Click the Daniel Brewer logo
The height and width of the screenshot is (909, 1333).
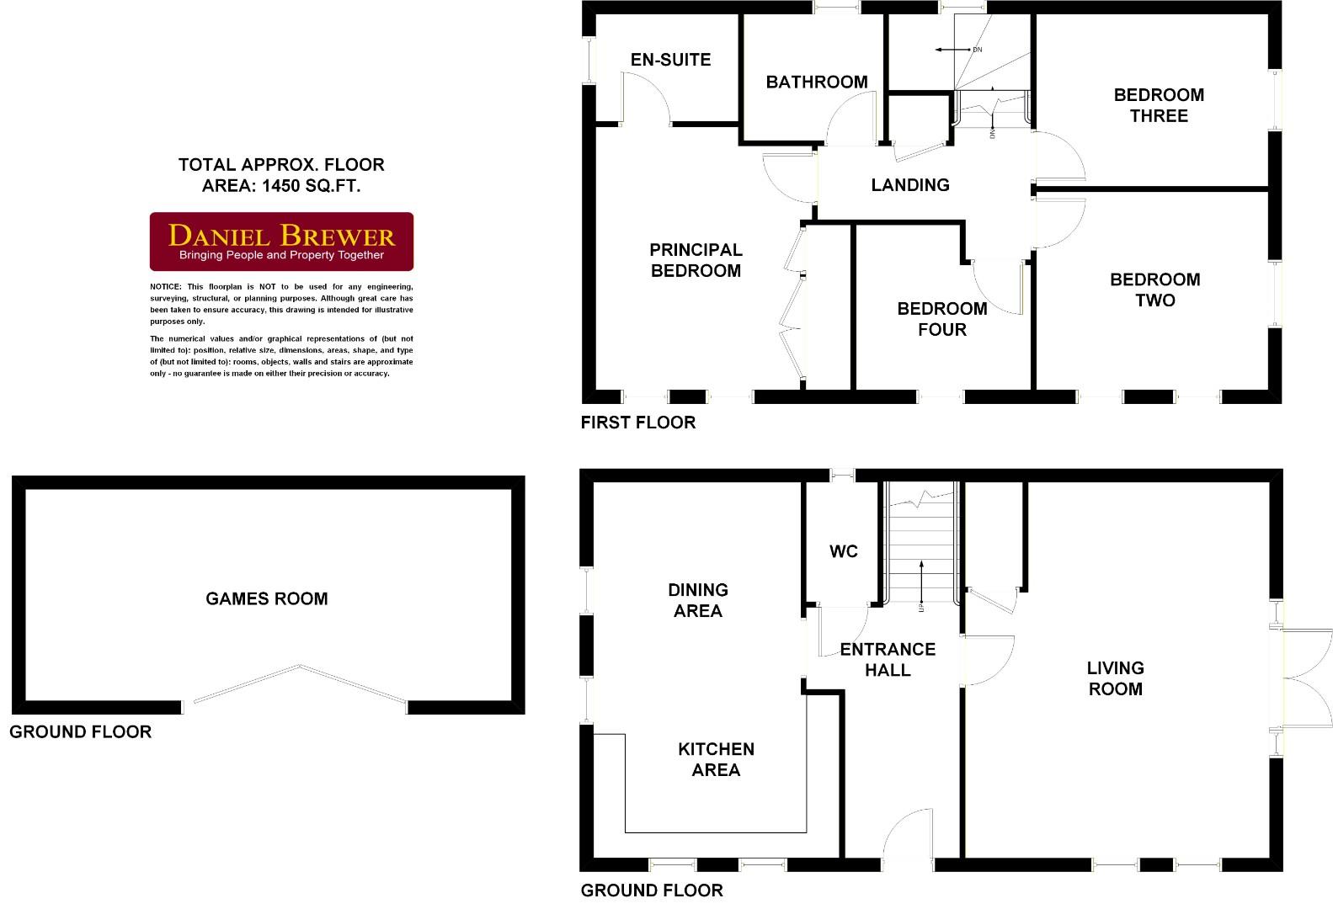pos(281,242)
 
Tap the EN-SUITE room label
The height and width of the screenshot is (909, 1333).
pos(670,60)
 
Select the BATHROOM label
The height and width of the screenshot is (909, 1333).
pos(816,82)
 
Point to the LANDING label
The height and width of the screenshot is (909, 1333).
pos(910,185)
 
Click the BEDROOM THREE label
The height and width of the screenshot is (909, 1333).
pos(1159,105)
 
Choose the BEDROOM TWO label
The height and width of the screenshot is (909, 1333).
pos(1154,290)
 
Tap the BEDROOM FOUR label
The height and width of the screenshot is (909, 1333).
pos(941,319)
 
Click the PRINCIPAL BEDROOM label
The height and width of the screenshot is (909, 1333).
pos(696,260)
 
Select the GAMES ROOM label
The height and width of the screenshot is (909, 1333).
pos(267,599)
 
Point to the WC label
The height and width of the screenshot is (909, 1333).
pos(843,551)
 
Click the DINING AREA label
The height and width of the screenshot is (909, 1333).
pos(697,600)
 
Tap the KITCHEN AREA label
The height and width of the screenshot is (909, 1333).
pos(716,759)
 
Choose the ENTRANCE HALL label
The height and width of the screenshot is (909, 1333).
pos(888,660)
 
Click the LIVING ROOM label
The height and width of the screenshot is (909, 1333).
pos(1115,678)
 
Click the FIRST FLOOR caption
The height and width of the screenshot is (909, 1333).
pos(638,423)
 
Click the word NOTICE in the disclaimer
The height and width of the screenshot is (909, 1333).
pos(165,287)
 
